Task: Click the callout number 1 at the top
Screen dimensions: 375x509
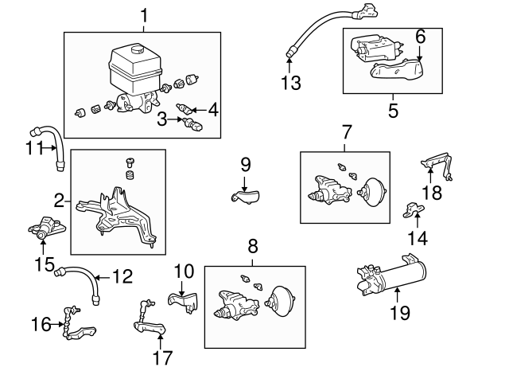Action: click(x=144, y=15)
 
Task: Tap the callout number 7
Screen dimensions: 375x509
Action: click(x=346, y=131)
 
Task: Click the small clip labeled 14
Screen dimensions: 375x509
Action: click(x=414, y=209)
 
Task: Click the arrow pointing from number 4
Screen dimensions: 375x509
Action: click(x=196, y=111)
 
